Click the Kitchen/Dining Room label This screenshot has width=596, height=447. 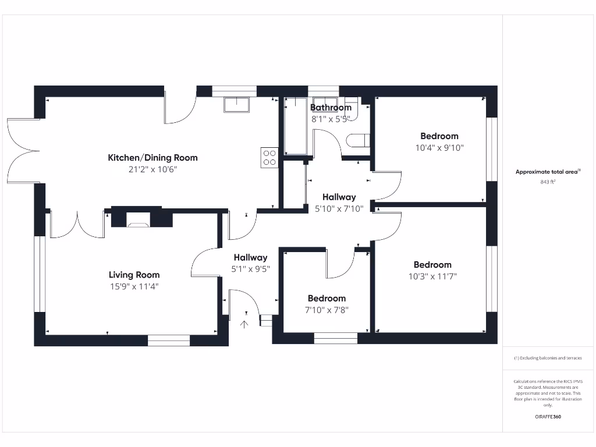[152, 158]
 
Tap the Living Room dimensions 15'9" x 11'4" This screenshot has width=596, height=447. [134, 286]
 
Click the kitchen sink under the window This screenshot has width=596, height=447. [236, 104]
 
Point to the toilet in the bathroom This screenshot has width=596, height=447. [357, 141]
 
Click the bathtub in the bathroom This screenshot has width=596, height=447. [295, 127]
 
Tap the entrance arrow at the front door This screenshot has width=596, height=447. [244, 324]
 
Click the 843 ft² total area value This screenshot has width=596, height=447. [547, 182]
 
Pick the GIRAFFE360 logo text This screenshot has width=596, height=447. [548, 417]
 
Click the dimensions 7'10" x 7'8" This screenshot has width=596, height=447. [327, 310]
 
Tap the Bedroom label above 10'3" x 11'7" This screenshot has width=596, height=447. [432, 265]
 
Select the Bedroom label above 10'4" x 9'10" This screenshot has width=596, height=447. [439, 136]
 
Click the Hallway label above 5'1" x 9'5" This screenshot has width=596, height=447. [250, 257]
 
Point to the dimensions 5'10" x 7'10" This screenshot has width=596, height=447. [339, 208]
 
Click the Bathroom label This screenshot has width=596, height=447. [331, 108]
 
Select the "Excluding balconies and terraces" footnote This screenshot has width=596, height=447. [547, 358]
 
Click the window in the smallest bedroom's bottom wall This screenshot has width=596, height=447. [335, 338]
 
